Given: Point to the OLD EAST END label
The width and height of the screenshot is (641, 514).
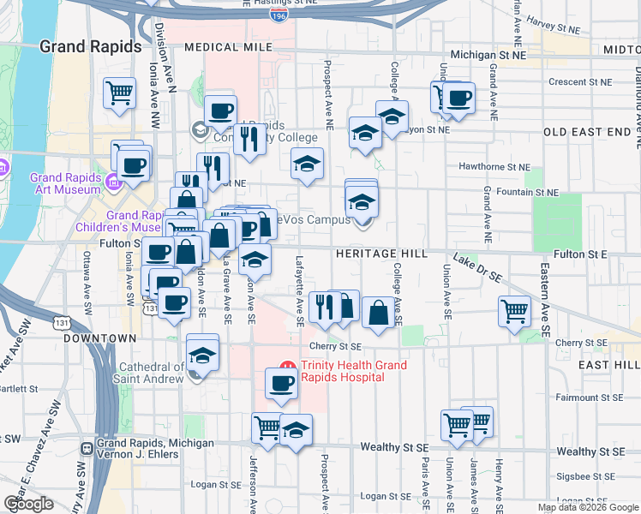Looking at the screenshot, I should (591, 132).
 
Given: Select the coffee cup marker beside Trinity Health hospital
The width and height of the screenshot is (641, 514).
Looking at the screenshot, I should (280, 385).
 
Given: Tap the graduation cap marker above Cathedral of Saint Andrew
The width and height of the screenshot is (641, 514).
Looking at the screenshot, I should (202, 352).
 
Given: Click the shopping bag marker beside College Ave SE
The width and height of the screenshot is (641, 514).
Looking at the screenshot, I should (378, 313).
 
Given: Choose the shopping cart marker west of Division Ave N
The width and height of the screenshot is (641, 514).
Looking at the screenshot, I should (119, 93).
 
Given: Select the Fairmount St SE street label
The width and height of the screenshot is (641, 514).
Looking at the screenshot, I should (588, 397).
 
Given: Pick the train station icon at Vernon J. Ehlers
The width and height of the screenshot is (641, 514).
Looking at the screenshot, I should (87, 448).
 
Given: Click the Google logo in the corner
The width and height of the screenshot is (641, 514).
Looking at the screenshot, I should (28, 504).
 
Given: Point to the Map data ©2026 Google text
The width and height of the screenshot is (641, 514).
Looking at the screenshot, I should (587, 508).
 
